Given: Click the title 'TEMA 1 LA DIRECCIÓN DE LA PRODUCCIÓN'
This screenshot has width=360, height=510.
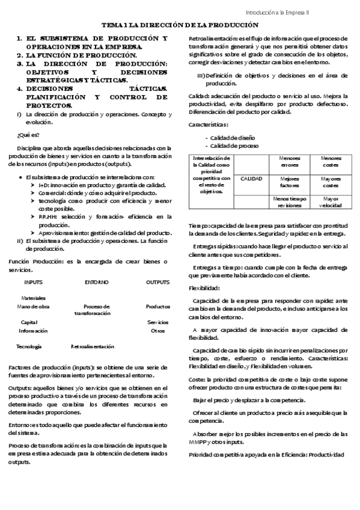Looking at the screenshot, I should (180, 26).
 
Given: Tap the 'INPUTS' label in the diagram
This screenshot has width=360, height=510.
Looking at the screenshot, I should (34, 281).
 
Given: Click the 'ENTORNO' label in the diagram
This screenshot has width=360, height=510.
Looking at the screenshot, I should (97, 281).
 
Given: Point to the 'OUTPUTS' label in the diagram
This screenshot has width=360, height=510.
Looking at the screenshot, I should (157, 281).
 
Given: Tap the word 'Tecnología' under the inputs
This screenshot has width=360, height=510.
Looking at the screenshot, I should (29, 346).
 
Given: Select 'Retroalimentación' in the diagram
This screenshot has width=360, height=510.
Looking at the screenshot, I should (93, 346).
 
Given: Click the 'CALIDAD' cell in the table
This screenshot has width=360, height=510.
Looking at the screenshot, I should (252, 179).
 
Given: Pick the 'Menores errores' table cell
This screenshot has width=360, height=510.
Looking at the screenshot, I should (290, 161).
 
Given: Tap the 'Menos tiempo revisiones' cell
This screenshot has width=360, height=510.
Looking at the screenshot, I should (290, 201).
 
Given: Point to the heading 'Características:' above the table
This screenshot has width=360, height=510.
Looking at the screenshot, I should (209, 125).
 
